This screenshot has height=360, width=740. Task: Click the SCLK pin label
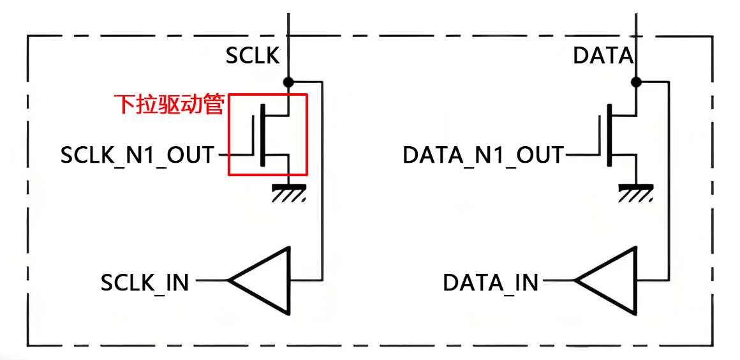[x=253, y=56]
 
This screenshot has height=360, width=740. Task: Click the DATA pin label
[x=603, y=56]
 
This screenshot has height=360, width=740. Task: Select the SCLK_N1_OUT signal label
[x=137, y=155]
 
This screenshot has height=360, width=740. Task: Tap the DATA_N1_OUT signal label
[x=484, y=155]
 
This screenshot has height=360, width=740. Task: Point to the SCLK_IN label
[x=145, y=281]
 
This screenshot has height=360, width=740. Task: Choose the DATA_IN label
[x=491, y=281]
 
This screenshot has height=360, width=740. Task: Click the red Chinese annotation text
[x=169, y=104]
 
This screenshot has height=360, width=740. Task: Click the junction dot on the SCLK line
[x=288, y=82]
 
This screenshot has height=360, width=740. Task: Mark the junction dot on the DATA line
[x=635, y=82]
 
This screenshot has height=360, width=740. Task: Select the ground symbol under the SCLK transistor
[x=288, y=191]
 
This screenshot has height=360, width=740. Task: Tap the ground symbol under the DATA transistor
[x=635, y=191]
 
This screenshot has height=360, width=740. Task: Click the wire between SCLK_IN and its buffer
[x=211, y=280]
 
